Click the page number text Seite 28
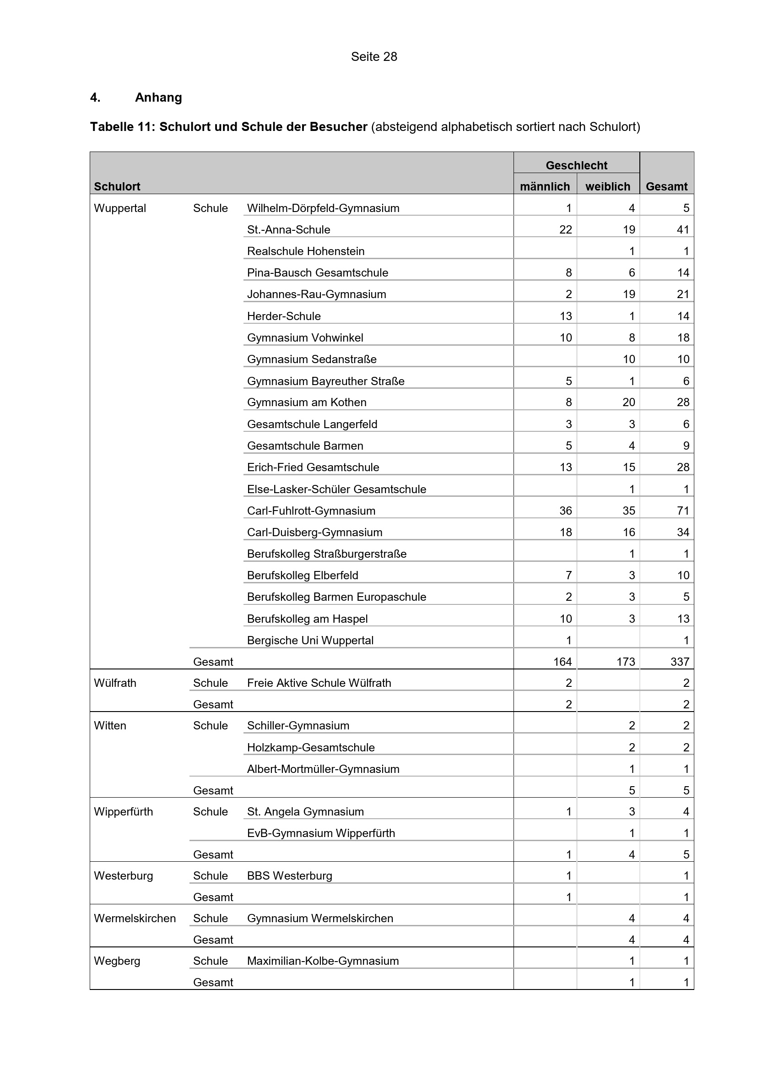[x=374, y=56]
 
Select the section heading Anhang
[x=158, y=98]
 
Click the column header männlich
[x=545, y=186]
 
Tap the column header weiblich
[x=607, y=186]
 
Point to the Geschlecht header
[x=576, y=165]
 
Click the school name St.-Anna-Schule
[x=288, y=229]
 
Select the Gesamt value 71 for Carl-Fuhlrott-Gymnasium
[x=683, y=511]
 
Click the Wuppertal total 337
[x=680, y=662]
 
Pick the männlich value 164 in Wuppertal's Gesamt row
[x=562, y=662]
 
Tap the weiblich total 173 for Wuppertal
[x=626, y=662]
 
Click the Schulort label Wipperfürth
[x=123, y=812]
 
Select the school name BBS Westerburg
[x=289, y=875]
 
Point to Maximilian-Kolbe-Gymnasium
[x=323, y=961]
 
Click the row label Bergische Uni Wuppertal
[x=310, y=640]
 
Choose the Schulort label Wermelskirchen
[x=135, y=918]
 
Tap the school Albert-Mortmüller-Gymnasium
[x=323, y=769]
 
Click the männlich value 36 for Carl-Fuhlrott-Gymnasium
[x=565, y=511]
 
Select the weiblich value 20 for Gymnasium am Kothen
[x=628, y=402]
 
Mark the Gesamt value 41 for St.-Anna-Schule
[x=683, y=229]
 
